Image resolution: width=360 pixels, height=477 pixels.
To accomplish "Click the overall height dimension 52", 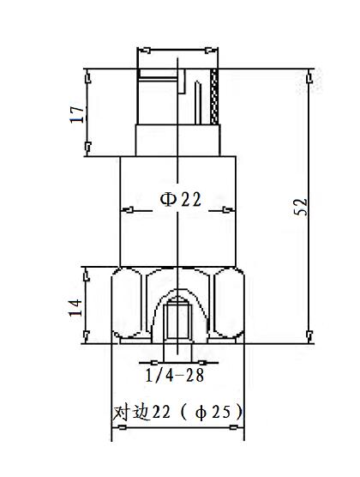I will [300, 207].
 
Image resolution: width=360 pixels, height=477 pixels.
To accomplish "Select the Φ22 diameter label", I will [180, 199].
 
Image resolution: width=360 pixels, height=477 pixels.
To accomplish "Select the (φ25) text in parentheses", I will [213, 413].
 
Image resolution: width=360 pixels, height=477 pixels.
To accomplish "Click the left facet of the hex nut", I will [129, 305].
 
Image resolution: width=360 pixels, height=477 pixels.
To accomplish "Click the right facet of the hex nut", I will [230, 305].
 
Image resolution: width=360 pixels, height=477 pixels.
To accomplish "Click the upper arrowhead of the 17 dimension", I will [87, 74].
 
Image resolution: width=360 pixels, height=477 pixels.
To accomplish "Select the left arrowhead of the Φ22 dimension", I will [123, 209].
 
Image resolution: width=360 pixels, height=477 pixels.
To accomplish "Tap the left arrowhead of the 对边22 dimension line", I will [117, 438].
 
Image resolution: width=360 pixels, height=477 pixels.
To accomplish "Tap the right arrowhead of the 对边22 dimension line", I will [243, 438].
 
